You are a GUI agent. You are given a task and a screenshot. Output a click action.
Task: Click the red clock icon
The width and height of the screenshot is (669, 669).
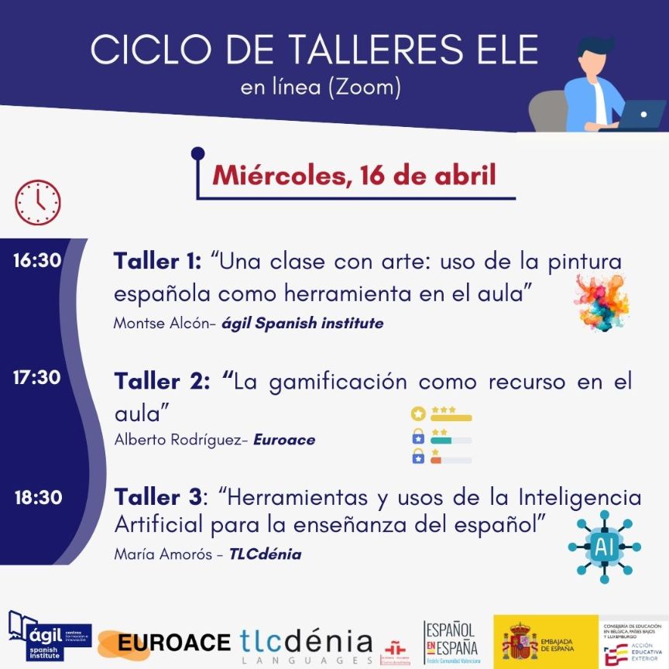click(x=37, y=202)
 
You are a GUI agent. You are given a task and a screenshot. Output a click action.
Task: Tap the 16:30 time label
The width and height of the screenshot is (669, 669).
click(x=36, y=260)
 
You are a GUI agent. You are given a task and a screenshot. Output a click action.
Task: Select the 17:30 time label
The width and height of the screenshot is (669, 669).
click(x=36, y=378)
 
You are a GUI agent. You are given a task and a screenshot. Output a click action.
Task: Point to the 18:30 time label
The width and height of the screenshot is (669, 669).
click(x=37, y=496)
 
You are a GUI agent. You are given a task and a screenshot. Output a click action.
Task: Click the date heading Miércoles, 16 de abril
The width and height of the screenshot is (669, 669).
click(x=354, y=174)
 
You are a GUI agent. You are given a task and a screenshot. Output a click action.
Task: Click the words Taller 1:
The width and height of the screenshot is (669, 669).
click(x=157, y=261)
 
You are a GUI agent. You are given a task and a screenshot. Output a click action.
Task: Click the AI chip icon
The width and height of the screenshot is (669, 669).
click(x=604, y=547)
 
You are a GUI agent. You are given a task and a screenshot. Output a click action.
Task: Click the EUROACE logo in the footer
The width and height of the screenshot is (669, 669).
click(x=174, y=642)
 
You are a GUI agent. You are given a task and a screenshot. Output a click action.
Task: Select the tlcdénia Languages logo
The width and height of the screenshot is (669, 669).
click(x=307, y=644)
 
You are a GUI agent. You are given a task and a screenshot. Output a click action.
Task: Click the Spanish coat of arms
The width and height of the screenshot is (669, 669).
click(x=520, y=641)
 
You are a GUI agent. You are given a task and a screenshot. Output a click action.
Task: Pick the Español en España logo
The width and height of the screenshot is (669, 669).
click(x=451, y=641)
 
